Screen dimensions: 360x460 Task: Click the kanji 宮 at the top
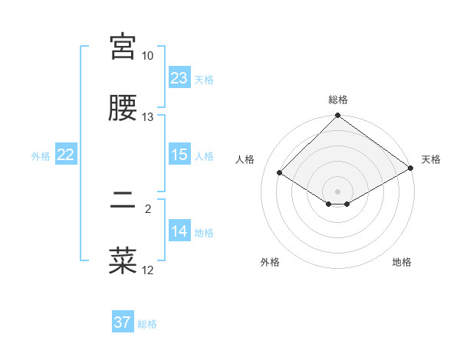pyautogui.click(x=123, y=47)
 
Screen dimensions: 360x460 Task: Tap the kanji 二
pyautogui.click(x=123, y=202)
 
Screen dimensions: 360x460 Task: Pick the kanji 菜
pyautogui.click(x=123, y=261)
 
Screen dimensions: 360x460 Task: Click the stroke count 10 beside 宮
pyautogui.click(x=147, y=56)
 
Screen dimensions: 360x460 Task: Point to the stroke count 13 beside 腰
pyautogui.click(x=147, y=117)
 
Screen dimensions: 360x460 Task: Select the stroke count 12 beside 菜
pyautogui.click(x=147, y=270)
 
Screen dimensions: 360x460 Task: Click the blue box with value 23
pyautogui.click(x=179, y=78)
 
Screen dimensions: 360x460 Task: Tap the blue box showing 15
pyautogui.click(x=179, y=155)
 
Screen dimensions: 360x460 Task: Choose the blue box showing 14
pyautogui.click(x=179, y=231)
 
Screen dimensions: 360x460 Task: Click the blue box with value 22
pyautogui.click(x=66, y=155)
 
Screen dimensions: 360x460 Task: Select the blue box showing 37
pyautogui.click(x=123, y=322)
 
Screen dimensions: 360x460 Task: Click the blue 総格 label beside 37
pyautogui.click(x=147, y=324)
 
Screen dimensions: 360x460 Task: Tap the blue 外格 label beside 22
pyautogui.click(x=41, y=156)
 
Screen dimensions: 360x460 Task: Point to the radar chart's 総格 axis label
pyautogui.click(x=337, y=100)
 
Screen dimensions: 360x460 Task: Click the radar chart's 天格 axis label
pyautogui.click(x=431, y=159)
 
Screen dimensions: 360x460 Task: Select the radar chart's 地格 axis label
pyautogui.click(x=402, y=262)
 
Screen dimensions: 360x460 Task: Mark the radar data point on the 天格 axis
pyautogui.click(x=411, y=169)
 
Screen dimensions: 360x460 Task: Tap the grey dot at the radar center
pyautogui.click(x=337, y=191)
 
